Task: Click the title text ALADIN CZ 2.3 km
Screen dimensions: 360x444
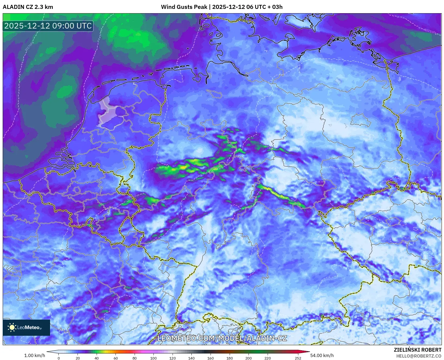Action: point(28,7)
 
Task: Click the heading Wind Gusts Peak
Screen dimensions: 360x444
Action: point(184,7)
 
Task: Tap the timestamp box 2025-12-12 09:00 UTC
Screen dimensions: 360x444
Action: point(48,26)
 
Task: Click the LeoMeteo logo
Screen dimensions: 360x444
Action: point(26,327)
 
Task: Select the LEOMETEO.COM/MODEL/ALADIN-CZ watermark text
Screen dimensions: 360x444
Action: point(222,338)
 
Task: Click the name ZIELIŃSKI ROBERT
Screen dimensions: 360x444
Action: point(417,350)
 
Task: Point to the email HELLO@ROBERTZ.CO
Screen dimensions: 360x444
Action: point(419,356)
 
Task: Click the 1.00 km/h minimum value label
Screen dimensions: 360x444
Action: point(35,355)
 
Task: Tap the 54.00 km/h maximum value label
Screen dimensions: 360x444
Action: point(322,355)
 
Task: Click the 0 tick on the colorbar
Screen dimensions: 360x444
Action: point(59,358)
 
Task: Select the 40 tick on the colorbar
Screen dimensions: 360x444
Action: point(97,358)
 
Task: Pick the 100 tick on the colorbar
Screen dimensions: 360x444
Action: point(153,358)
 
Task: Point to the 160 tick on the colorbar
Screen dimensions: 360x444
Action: point(211,358)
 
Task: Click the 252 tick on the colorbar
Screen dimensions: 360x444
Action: point(298,358)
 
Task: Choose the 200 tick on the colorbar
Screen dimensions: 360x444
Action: point(249,358)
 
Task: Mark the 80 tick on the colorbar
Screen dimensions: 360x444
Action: point(135,358)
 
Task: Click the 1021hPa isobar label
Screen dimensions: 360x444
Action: point(430,32)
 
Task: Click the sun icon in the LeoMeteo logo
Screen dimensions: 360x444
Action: point(12,327)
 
